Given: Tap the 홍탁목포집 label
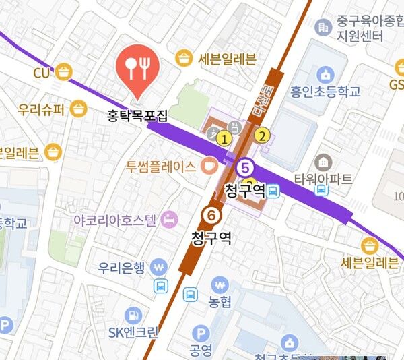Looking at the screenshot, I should [x=137, y=115].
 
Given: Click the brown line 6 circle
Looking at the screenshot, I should [x=211, y=216].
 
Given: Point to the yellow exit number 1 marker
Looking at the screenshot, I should [x=224, y=138].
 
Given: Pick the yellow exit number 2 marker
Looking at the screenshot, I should [x=264, y=135].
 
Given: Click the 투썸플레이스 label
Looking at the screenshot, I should [x=161, y=166].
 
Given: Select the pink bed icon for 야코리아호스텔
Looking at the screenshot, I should [x=169, y=219].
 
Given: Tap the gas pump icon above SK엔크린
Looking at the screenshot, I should [x=133, y=314].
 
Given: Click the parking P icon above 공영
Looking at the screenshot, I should [x=200, y=333].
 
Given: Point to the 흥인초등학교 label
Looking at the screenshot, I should [x=326, y=91].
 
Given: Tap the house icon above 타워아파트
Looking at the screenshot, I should [x=324, y=162].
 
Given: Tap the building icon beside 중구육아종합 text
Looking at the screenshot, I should [x=324, y=27].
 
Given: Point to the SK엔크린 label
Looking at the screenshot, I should [x=133, y=332].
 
